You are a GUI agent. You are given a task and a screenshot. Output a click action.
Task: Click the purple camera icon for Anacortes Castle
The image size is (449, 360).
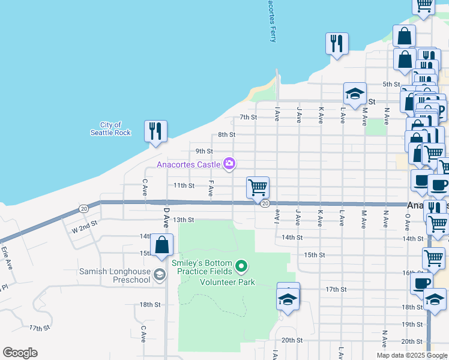pyautogui.click(x=229, y=163)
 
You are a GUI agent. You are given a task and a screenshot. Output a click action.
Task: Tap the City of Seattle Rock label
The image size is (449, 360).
pyautogui.click(x=110, y=128)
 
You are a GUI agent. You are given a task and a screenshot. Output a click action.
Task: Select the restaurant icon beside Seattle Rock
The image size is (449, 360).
pyautogui.click(x=155, y=131)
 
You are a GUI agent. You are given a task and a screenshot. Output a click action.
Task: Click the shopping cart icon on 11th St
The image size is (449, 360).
pyautogui.click(x=258, y=187)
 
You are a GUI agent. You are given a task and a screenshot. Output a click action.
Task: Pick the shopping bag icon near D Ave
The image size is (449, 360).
pyautogui.click(x=161, y=245)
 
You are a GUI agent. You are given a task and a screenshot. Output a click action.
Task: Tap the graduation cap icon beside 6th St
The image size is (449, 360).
pyautogui.click(x=355, y=94)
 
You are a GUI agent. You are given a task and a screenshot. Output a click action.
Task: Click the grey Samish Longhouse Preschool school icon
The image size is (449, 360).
pyautogui.click(x=159, y=274)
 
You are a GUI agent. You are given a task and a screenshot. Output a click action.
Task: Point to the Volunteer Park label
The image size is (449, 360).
pyautogui.click(x=228, y=282)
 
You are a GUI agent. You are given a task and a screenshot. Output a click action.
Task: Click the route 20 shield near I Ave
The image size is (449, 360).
pyautogui.click(x=265, y=204)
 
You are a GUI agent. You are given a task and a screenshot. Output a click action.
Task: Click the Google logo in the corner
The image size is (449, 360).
pyautogui.click(x=20, y=353)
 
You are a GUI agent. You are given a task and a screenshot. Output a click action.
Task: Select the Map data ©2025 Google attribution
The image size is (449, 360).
pyautogui.click(x=412, y=355)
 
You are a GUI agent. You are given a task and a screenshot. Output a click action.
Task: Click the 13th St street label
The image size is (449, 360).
pyautogui.click(x=184, y=220)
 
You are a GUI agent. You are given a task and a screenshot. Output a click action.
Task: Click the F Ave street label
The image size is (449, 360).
pyautogui.click(x=211, y=188)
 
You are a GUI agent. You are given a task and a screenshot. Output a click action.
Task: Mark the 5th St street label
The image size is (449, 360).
pyautogui.click(x=391, y=84)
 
